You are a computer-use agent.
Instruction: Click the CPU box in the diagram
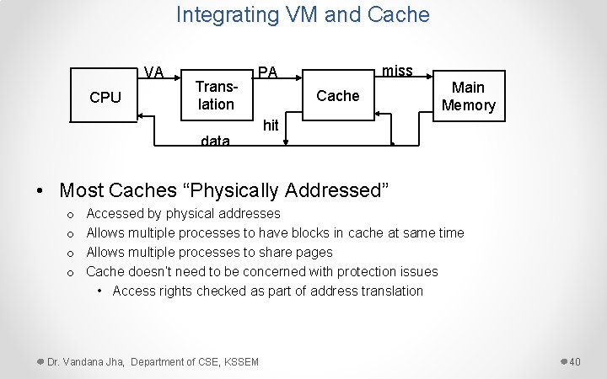point(105,97)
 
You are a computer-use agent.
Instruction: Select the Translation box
point(215,95)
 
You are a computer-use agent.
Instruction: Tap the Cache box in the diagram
point(337,96)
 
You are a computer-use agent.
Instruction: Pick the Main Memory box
point(468,96)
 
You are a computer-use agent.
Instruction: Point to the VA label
point(153,72)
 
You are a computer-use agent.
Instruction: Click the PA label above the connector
point(267,72)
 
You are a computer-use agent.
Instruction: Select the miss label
point(397,71)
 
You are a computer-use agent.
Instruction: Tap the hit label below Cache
point(271,125)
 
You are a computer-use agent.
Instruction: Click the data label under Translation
point(215,141)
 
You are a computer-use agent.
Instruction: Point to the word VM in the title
point(305,14)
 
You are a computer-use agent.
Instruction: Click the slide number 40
point(575,362)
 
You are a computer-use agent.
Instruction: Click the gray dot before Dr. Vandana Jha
point(40,361)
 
